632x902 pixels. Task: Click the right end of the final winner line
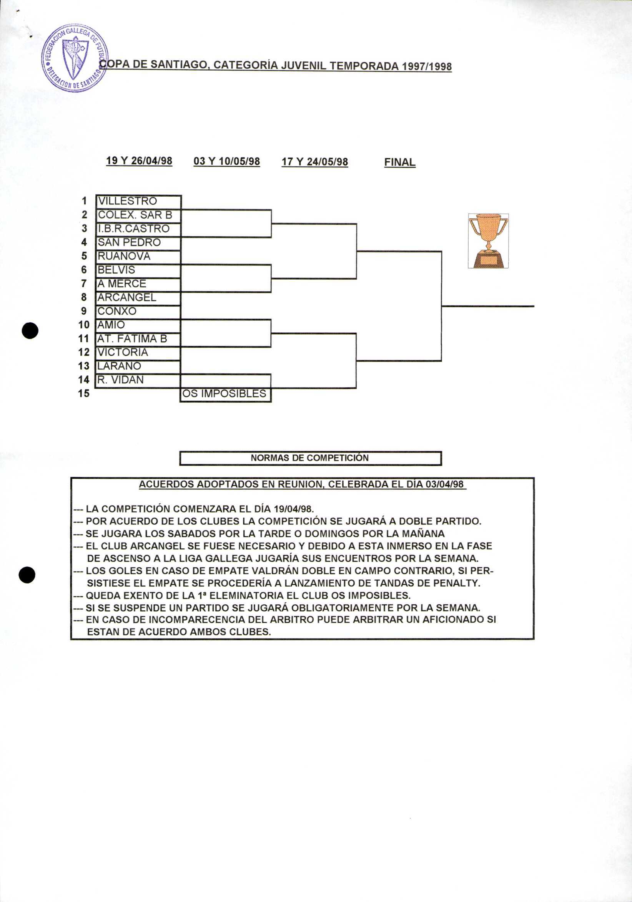point(534,306)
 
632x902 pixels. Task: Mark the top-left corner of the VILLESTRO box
point(96,195)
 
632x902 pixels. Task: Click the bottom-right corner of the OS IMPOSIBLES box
point(271,401)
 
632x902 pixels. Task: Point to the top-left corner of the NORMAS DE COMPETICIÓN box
point(180,452)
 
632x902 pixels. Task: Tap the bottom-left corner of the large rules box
point(71,639)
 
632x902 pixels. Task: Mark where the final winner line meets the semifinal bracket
point(441,306)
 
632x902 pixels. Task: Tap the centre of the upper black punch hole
point(30,330)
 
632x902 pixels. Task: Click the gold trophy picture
point(488,241)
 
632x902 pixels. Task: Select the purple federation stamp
point(75,58)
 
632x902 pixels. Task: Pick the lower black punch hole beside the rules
point(27,575)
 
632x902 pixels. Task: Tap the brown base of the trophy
point(488,260)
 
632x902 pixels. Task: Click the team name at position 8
point(127,297)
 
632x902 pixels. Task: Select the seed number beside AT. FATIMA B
point(84,339)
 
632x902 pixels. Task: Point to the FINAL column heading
point(400,162)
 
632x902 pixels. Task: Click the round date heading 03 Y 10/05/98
point(227,161)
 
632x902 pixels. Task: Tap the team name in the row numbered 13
point(119,366)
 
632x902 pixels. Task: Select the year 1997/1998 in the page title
point(426,66)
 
